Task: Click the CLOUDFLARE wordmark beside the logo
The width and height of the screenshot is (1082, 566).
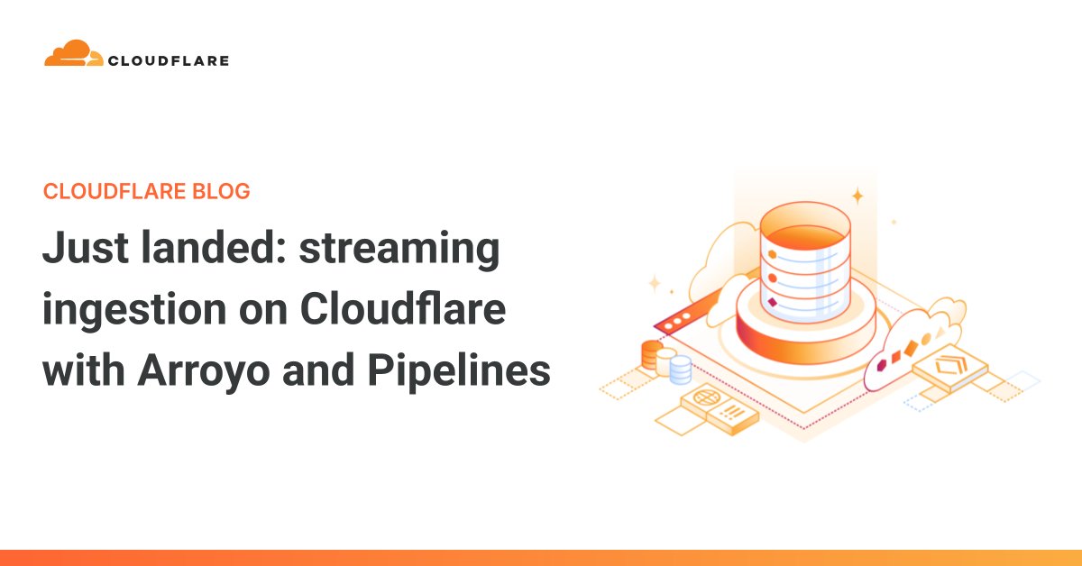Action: click(x=168, y=61)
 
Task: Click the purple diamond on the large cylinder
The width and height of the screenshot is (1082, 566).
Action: click(x=773, y=301)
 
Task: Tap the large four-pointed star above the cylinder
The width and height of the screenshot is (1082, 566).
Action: click(x=857, y=195)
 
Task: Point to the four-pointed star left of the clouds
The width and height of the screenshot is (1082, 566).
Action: click(x=655, y=283)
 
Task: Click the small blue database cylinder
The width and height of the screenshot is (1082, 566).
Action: click(x=680, y=368)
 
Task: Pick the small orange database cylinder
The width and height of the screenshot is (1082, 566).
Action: click(x=651, y=353)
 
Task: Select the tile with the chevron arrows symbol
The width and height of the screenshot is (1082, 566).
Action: click(x=949, y=366)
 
